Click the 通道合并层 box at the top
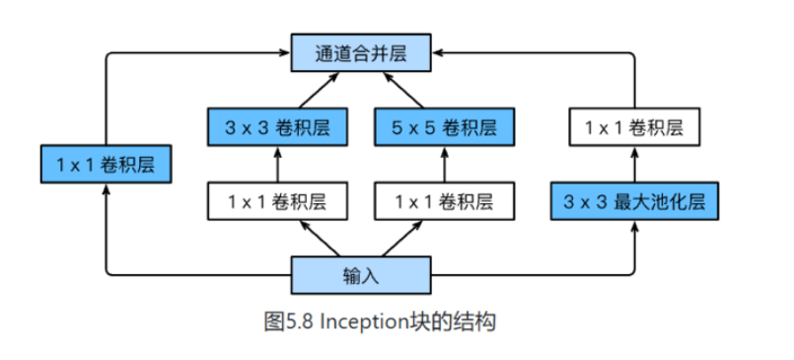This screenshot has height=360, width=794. point(361,52)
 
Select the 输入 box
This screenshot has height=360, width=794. point(361,274)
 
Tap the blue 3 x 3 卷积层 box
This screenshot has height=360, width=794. point(278,126)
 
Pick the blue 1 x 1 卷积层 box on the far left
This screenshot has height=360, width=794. point(106,164)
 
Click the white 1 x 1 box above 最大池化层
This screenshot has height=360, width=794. point(632,126)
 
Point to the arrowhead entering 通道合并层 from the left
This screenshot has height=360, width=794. point(284,52)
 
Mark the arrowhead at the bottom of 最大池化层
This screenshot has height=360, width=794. point(632,227)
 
